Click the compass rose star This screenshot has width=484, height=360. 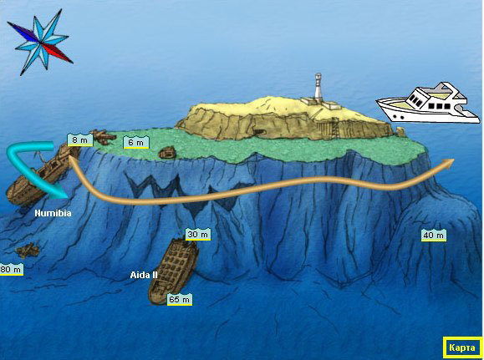click(40, 42)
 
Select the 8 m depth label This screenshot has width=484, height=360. click(79, 140)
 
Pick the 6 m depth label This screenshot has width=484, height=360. click(135, 143)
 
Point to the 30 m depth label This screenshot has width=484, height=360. click(198, 235)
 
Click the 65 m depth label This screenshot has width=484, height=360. click(180, 300)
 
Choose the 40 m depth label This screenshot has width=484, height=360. click(434, 236)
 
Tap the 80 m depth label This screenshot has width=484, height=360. click(11, 269)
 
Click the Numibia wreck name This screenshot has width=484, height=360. click(53, 213)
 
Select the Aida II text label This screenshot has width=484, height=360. click(144, 275)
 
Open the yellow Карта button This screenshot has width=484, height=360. click(462, 347)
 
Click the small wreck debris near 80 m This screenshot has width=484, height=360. click(28, 250)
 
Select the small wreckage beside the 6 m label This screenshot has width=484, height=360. click(167, 153)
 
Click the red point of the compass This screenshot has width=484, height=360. click(57, 53)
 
